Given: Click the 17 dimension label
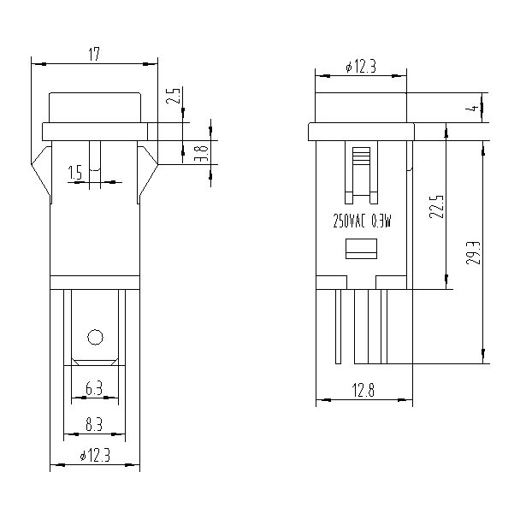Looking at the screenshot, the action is click(x=94, y=55).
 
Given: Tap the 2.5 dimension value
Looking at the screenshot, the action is click(x=174, y=95).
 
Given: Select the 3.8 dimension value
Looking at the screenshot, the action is click(x=202, y=154).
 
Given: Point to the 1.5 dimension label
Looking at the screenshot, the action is click(x=74, y=173).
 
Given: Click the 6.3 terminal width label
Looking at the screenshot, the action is click(x=94, y=388).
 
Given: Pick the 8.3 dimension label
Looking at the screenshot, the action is click(x=94, y=424).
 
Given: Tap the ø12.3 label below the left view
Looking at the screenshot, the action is click(x=95, y=456).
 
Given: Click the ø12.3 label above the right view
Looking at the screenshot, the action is click(x=361, y=67).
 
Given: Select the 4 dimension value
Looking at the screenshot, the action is click(x=474, y=109).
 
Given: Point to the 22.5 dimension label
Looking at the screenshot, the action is click(x=436, y=207).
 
